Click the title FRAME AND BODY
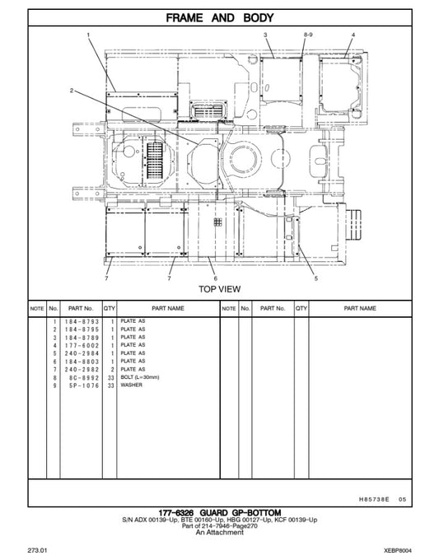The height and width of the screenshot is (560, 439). [220, 17]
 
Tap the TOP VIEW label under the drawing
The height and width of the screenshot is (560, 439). [220, 288]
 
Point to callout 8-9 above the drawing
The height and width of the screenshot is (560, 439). [308, 35]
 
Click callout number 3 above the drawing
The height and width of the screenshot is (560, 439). [265, 35]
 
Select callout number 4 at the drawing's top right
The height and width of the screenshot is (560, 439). [353, 35]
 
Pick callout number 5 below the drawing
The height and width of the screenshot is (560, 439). [315, 279]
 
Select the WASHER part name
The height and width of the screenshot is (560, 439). [131, 385]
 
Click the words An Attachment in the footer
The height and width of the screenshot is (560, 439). [220, 533]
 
